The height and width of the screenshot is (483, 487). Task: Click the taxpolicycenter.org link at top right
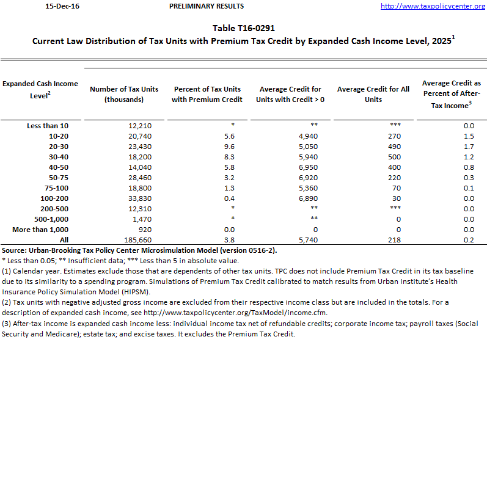(433, 6)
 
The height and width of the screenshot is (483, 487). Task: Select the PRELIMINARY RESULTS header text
(206, 6)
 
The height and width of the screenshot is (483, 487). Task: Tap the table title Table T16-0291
(243, 28)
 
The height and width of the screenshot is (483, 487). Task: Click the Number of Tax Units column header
(124, 94)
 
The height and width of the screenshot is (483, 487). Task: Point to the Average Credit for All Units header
(373, 94)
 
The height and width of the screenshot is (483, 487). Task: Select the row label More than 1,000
(40, 230)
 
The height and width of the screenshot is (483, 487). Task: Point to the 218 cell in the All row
(395, 240)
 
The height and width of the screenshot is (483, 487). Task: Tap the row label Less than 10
(48, 126)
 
